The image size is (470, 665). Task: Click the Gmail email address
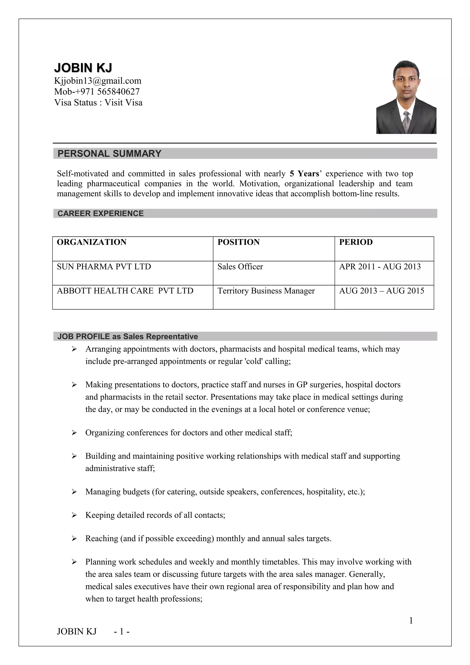tap(98, 81)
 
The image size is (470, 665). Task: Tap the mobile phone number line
tap(97, 92)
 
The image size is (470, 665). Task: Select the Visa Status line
tap(98, 103)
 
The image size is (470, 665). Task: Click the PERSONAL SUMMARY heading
tap(109, 154)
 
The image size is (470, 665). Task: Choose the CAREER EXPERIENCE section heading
tap(101, 213)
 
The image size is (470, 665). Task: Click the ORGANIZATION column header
tap(92, 242)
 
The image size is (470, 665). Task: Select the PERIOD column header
tap(356, 242)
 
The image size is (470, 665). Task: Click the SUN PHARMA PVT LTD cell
tap(104, 266)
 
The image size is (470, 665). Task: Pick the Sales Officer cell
tap(240, 266)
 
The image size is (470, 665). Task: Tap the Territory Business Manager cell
tap(266, 291)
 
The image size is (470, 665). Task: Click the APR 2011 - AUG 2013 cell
tap(380, 266)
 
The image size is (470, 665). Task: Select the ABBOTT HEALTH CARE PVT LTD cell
tap(125, 291)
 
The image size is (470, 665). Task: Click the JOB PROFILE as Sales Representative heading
tap(127, 337)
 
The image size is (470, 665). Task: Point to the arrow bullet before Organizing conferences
tap(74, 433)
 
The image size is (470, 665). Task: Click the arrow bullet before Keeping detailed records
tap(74, 515)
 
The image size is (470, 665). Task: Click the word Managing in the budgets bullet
tap(103, 492)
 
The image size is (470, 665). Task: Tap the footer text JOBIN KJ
tap(77, 631)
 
